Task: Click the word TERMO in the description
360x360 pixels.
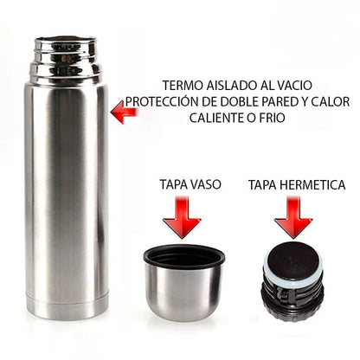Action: (x=183, y=87)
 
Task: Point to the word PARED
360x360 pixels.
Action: (x=286, y=102)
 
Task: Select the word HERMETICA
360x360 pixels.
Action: (x=310, y=184)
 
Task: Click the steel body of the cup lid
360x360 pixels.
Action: (x=182, y=294)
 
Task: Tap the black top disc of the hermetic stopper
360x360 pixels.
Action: (x=292, y=257)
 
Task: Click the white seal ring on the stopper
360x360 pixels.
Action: (x=292, y=275)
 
